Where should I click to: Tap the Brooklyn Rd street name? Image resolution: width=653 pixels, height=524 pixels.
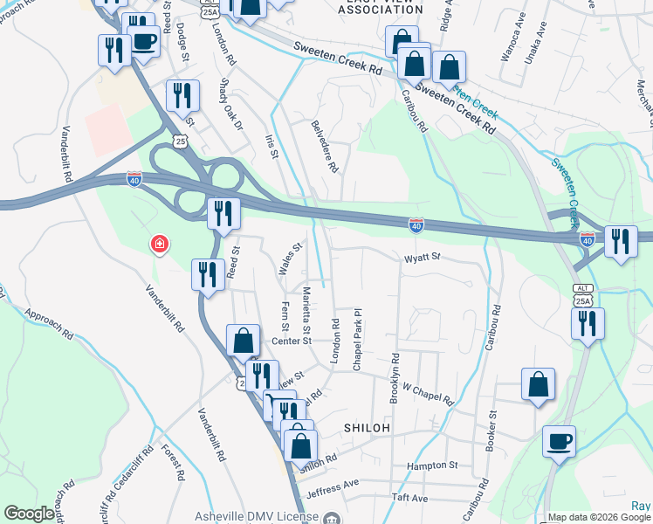395,377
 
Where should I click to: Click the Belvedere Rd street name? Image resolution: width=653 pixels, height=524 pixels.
324,147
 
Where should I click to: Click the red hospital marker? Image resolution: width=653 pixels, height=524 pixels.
160,244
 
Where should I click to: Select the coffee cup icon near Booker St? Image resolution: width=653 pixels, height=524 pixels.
559,441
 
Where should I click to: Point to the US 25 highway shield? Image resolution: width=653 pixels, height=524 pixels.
179,140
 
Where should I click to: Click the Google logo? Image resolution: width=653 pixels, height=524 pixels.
28,514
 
